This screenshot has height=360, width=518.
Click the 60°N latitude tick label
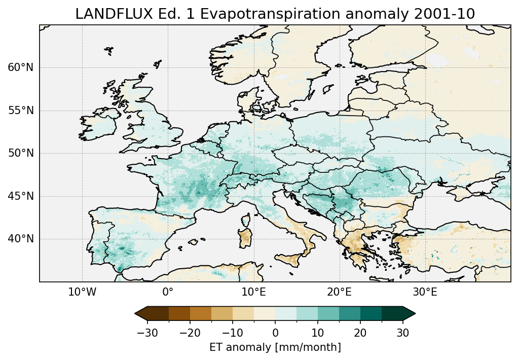pyautogui.click(x=21, y=67)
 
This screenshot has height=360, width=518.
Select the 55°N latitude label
pyautogui.click(x=21, y=111)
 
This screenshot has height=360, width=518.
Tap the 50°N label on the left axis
pyautogui.click(x=21, y=153)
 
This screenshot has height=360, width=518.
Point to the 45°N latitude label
pyautogui.click(x=21, y=196)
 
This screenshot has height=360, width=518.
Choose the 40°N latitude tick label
pyautogui.click(x=21, y=239)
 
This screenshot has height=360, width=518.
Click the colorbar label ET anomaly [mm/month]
pyautogui.click(x=275, y=347)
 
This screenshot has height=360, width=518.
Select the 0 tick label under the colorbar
pyautogui.click(x=275, y=333)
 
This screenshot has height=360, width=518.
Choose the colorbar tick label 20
pyautogui.click(x=360, y=333)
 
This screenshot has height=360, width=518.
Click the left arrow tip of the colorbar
pyautogui.click(x=136, y=314)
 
